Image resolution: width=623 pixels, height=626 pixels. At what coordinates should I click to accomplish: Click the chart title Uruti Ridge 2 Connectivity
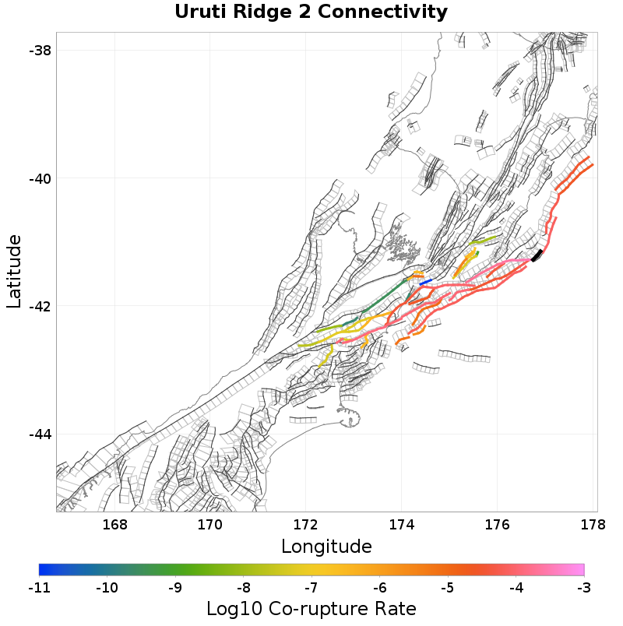[311, 12]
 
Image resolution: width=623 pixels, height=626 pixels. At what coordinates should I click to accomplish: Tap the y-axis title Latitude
[14, 272]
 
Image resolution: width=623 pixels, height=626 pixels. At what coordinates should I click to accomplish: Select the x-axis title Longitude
[326, 545]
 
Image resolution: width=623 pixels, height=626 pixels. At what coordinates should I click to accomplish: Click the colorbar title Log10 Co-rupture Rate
[311, 608]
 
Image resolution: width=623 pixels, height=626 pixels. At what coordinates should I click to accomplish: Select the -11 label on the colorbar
[39, 587]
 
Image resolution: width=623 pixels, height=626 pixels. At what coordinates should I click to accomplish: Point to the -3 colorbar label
[583, 587]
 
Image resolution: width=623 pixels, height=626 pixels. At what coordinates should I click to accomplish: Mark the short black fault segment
[537, 255]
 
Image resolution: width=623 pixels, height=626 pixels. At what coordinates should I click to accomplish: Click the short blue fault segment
[425, 282]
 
